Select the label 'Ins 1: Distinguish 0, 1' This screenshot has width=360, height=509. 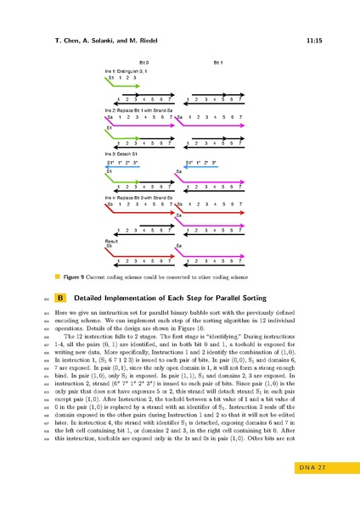[125, 72]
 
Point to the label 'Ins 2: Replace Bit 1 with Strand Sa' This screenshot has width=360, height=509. [136, 111]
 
